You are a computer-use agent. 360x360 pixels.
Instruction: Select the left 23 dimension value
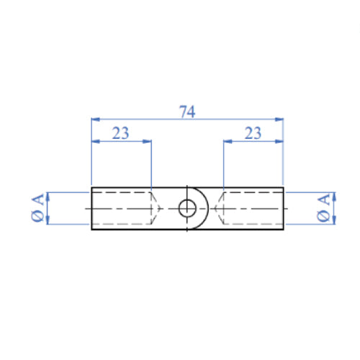[120, 132]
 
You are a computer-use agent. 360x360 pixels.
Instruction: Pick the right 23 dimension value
[253, 132]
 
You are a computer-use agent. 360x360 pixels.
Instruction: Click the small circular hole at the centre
[187, 208]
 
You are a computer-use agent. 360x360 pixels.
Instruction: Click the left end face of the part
[92, 209]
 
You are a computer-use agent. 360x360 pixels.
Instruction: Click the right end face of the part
[283, 209]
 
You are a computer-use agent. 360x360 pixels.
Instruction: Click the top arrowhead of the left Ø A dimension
[48, 195]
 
